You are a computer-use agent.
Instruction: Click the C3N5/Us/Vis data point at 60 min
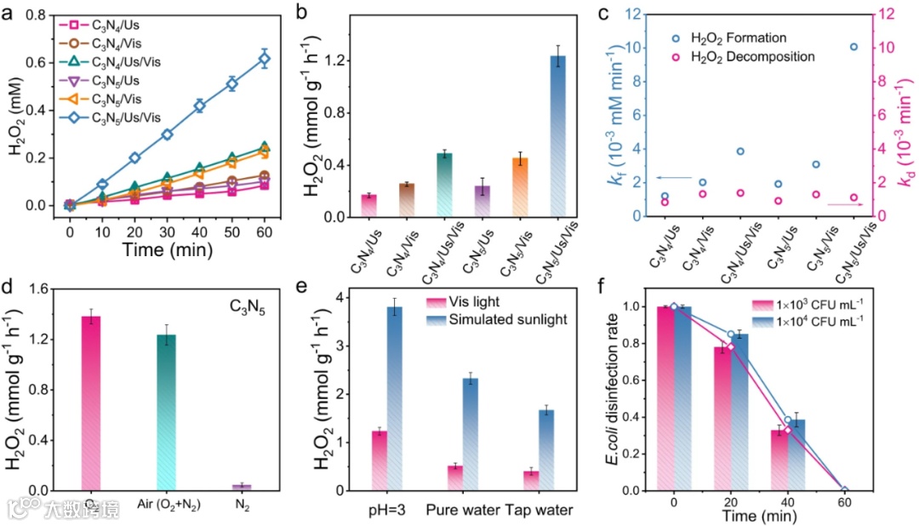tap(265, 60)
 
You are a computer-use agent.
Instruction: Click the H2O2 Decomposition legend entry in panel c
tap(766, 56)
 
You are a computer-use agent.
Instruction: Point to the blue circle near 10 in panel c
tap(853, 47)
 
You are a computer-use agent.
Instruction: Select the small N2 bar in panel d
tap(242, 487)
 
